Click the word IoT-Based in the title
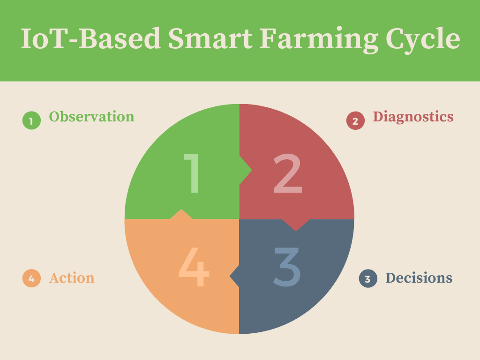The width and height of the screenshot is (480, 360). [x=90, y=38]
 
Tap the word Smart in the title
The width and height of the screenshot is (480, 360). [x=210, y=38]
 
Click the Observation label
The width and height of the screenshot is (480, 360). [x=91, y=116]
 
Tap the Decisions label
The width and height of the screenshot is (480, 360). [x=419, y=277]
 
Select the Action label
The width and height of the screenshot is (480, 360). [x=72, y=277]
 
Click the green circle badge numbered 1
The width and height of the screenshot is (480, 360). [x=31, y=120]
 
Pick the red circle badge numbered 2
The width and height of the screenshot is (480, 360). [x=355, y=120]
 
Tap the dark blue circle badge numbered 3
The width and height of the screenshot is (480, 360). [x=368, y=278]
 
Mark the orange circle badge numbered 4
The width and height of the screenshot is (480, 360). [x=31, y=278]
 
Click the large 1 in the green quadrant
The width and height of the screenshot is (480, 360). [x=192, y=173]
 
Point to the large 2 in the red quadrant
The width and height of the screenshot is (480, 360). [x=288, y=173]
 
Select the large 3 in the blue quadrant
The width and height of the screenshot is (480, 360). [x=286, y=267]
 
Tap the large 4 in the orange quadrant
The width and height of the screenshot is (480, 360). [x=194, y=267]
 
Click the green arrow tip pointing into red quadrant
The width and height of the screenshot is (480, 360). [x=252, y=170]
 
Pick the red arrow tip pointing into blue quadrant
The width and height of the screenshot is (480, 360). [x=296, y=231]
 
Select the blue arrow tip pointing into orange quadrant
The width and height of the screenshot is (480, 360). [x=230, y=276]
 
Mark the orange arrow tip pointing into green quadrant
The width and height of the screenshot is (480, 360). [x=181, y=210]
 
